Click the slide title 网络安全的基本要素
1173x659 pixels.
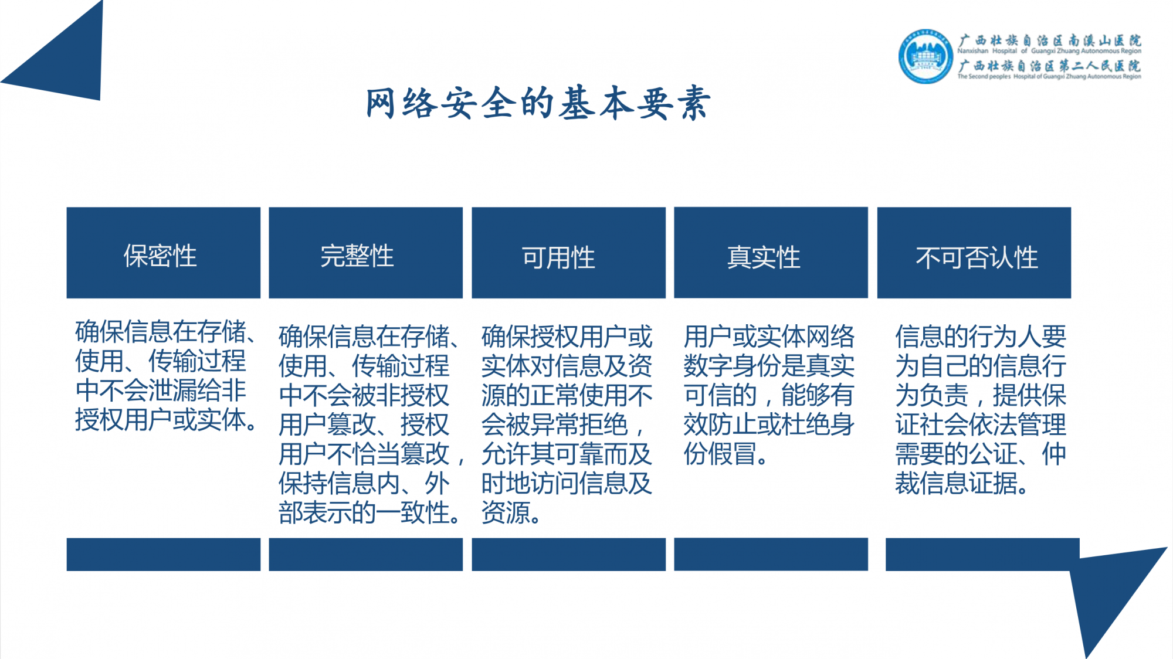538,103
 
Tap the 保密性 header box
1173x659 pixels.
164,253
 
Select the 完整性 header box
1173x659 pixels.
366,253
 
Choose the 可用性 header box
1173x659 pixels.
569,253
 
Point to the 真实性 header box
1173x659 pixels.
771,253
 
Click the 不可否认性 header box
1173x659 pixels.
974,253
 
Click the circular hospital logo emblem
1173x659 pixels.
926,57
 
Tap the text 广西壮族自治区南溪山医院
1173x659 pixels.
1050,40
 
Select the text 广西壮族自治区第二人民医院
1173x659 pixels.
1050,66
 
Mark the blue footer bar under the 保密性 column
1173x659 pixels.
164,555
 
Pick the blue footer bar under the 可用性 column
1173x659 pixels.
569,555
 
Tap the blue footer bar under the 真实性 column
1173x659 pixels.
771,555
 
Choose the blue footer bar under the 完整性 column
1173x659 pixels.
366,555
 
